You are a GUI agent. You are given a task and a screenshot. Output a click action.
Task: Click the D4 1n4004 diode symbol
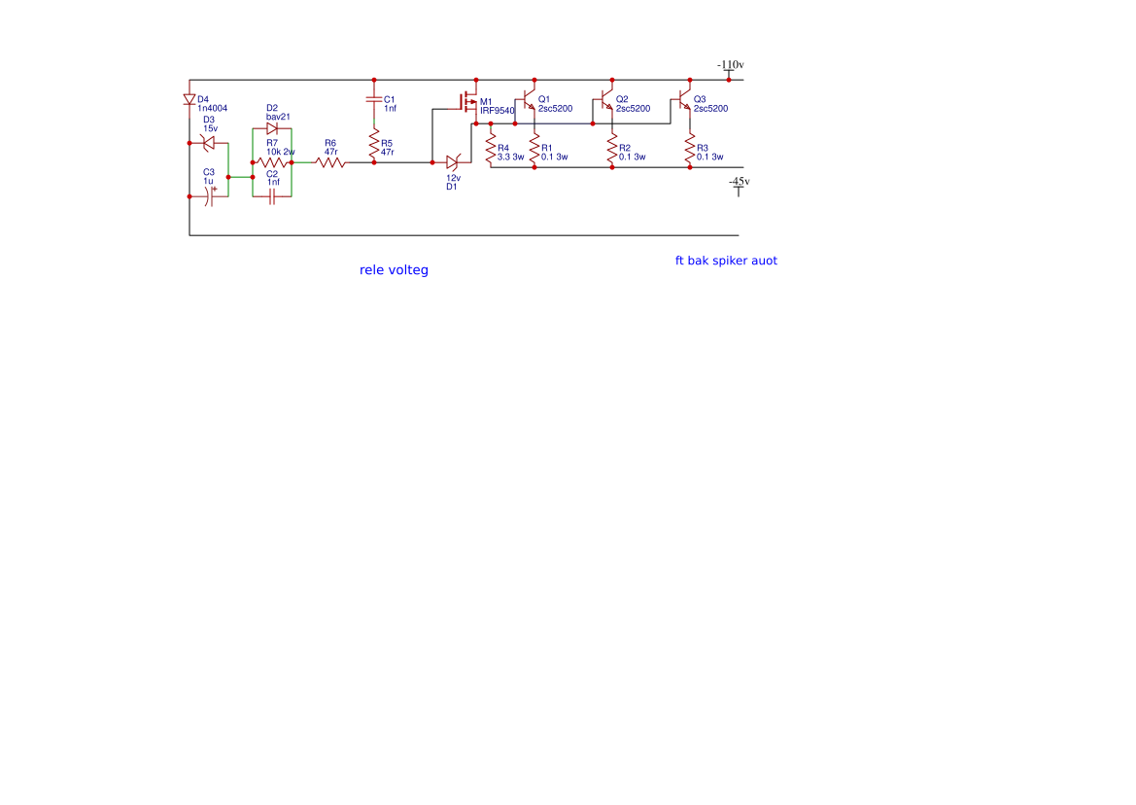(x=189, y=99)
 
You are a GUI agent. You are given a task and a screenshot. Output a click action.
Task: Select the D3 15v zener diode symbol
(x=209, y=144)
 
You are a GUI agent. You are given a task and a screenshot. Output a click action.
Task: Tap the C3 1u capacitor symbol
(x=209, y=196)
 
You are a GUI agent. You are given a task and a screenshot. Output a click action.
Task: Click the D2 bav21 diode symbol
(x=272, y=129)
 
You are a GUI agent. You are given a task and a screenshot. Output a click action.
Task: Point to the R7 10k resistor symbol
(x=272, y=163)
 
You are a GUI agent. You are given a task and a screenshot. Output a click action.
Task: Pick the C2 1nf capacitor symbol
(x=272, y=196)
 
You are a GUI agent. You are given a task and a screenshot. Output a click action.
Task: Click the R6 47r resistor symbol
(x=330, y=163)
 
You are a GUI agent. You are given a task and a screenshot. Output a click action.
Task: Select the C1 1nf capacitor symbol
(x=374, y=99)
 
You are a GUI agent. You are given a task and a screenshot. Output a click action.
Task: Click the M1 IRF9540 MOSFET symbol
(x=468, y=102)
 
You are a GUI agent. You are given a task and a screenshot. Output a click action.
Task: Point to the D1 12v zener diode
(x=453, y=163)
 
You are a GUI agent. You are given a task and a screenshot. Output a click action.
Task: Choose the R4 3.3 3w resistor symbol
(x=491, y=149)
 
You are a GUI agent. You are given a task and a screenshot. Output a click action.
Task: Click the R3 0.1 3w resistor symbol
(x=690, y=149)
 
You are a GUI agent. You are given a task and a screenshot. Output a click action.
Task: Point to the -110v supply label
(x=731, y=65)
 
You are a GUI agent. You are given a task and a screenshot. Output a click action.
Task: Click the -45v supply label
(x=739, y=182)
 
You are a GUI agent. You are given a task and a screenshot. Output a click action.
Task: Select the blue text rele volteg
(x=394, y=270)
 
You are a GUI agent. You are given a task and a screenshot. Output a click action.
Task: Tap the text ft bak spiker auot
(x=726, y=261)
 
